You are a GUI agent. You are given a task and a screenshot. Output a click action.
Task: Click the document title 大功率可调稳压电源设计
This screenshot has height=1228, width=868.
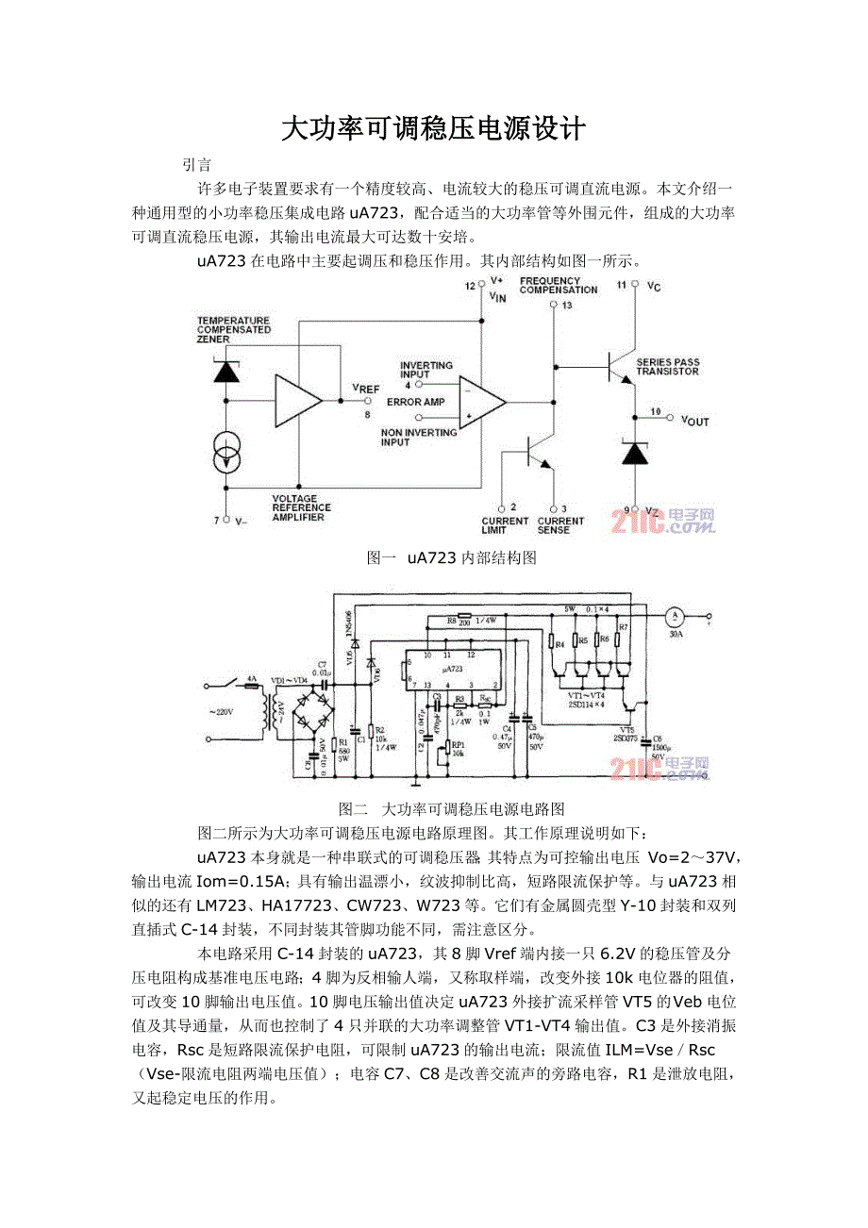(x=433, y=129)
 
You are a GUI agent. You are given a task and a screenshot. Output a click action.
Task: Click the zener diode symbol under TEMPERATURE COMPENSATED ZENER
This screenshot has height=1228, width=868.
(x=226, y=371)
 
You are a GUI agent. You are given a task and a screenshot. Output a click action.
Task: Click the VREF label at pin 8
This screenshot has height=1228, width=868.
(x=365, y=389)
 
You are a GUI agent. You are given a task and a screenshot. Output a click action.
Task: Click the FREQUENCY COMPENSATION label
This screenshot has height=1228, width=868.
(x=559, y=285)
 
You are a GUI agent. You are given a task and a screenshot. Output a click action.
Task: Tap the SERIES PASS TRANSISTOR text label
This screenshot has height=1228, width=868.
(x=667, y=366)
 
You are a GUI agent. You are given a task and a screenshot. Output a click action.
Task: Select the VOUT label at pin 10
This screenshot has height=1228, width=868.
(x=694, y=422)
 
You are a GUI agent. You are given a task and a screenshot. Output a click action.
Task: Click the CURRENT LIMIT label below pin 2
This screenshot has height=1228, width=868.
(x=505, y=525)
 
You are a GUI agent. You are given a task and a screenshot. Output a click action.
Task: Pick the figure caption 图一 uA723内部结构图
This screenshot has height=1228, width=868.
(x=451, y=558)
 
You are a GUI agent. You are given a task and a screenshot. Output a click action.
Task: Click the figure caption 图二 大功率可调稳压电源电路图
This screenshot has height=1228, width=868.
(x=451, y=809)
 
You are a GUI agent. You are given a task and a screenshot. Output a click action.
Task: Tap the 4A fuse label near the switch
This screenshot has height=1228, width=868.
(x=251, y=678)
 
